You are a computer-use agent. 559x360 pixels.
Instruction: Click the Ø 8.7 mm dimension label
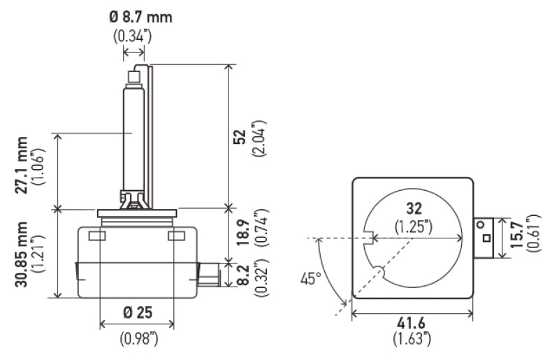[140, 17]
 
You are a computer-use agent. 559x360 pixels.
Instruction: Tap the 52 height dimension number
[239, 138]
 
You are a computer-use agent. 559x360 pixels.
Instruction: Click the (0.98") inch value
[138, 339]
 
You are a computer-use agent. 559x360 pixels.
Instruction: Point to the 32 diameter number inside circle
[415, 208]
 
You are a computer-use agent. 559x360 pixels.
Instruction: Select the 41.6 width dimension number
[412, 325]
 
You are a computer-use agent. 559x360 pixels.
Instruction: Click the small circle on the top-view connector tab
[481, 225]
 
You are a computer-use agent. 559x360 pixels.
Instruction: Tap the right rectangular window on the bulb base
[175, 236]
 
